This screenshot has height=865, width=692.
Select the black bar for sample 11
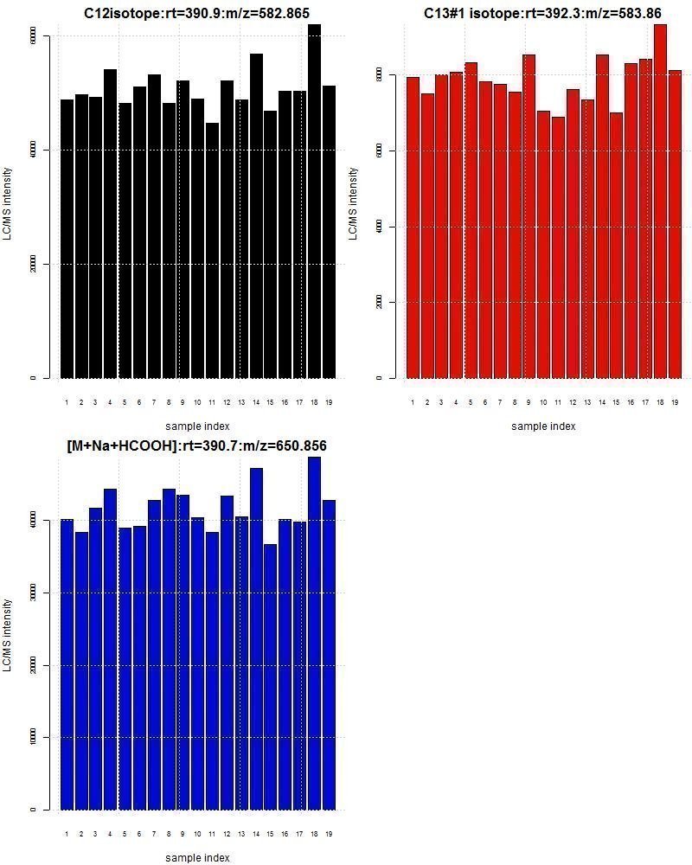212,251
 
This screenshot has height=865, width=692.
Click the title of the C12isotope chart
196,13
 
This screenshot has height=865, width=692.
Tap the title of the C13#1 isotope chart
542,13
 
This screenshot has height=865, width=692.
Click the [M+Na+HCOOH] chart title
196,445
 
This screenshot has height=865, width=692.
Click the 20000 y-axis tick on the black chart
34,264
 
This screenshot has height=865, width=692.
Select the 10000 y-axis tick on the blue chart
34,737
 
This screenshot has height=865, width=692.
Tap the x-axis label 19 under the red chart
675,402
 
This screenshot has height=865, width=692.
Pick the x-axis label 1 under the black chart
67,402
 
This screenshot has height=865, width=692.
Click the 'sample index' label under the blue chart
197,857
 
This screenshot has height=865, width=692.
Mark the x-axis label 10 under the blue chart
197,834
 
